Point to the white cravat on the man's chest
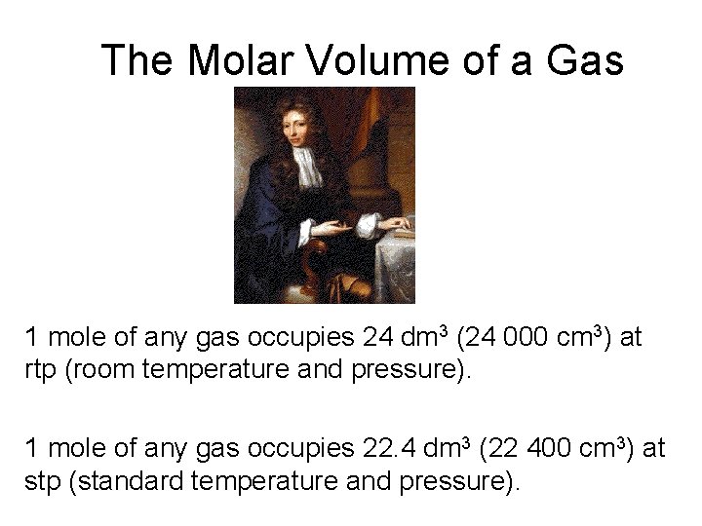click(309, 168)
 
